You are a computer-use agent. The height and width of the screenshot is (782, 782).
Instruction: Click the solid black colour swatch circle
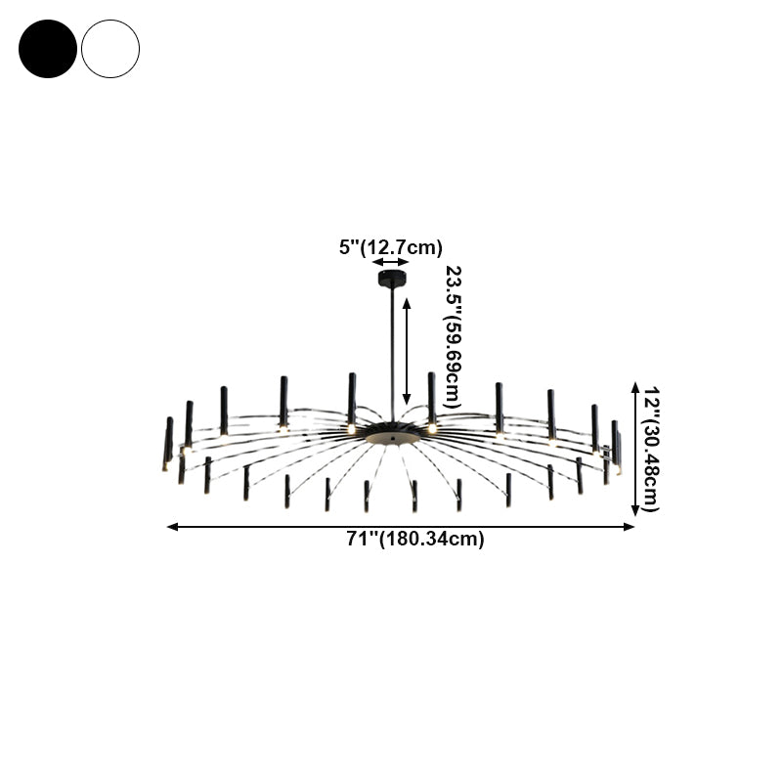(x=47, y=49)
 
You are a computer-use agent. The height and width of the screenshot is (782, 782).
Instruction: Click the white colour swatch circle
(x=110, y=49)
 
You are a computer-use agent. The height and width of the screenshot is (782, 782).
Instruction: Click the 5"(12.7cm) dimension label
(x=391, y=247)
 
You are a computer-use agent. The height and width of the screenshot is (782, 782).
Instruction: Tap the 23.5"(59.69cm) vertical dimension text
(x=453, y=336)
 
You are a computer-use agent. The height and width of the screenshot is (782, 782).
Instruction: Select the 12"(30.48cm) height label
(x=651, y=448)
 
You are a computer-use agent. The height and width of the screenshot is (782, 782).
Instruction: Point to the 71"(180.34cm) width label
(x=402, y=539)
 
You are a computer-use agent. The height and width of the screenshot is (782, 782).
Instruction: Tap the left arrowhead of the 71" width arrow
(x=172, y=527)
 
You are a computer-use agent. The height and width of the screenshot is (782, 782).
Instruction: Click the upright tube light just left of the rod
(x=351, y=399)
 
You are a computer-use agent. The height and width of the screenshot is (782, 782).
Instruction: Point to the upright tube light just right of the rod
(x=431, y=398)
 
